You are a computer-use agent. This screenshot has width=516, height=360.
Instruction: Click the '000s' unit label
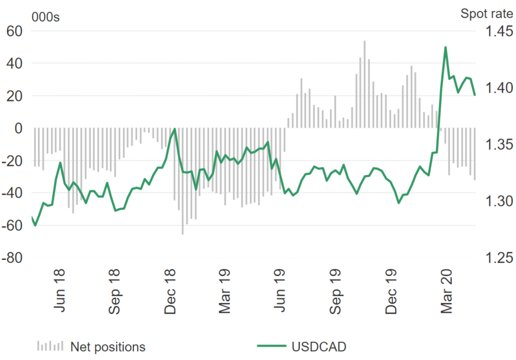tap(46, 16)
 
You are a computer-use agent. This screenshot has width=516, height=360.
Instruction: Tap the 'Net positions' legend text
tap(108, 346)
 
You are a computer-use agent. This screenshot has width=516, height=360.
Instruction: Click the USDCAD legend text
tap(319, 346)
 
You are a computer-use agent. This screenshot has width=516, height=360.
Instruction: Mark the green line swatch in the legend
tap(271, 346)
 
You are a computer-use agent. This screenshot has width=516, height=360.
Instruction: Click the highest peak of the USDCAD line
tap(446, 47)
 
